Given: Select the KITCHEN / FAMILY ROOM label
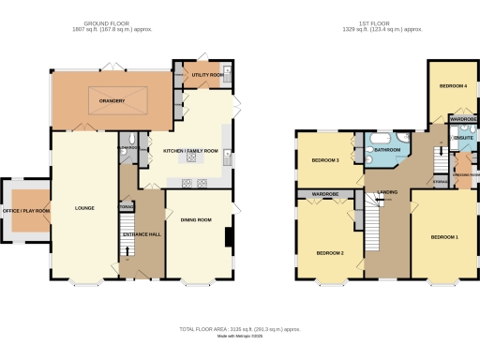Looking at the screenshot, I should [x=190, y=151].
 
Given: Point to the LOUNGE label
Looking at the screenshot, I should [x=84, y=207].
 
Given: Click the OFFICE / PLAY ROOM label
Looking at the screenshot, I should [x=25, y=212].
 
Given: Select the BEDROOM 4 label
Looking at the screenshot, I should [x=453, y=86].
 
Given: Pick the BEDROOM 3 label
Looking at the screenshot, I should [x=324, y=160].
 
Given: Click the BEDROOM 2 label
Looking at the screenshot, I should [x=330, y=253].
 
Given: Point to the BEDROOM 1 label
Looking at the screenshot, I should [x=444, y=237].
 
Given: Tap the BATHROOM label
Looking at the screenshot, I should [x=388, y=150].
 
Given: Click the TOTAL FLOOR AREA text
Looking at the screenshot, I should [x=240, y=329].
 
